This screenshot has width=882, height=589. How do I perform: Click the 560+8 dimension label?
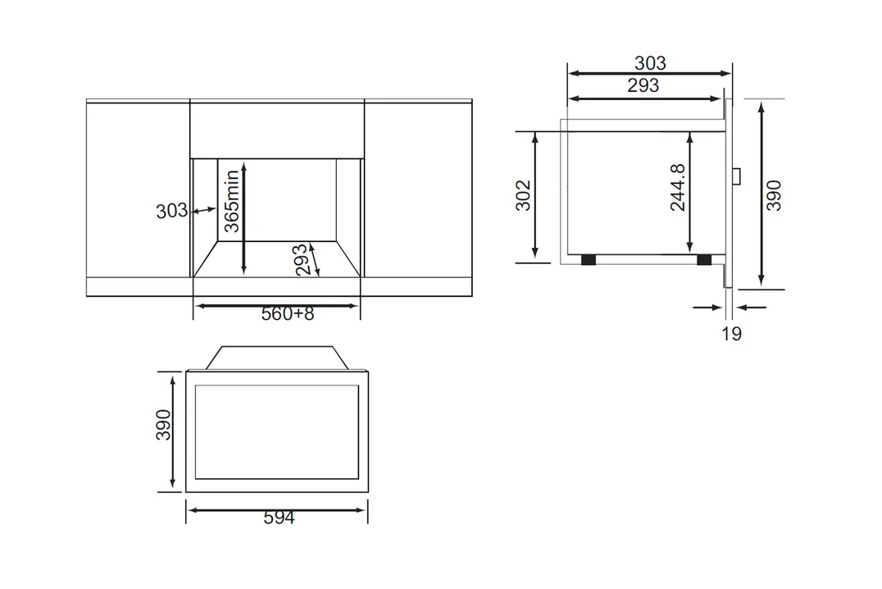click(x=288, y=314)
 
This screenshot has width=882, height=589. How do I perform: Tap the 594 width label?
click(x=279, y=518)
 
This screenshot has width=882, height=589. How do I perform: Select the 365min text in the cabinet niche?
click(x=232, y=201)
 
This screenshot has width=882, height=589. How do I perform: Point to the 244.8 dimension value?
click(x=678, y=188)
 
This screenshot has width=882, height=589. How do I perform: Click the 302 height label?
click(x=523, y=195)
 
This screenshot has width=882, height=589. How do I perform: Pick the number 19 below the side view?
click(x=731, y=334)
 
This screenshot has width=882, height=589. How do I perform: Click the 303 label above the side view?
click(x=650, y=62)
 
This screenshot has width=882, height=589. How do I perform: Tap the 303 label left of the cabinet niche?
click(x=171, y=211)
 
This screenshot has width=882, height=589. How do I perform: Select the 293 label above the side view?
click(x=643, y=85)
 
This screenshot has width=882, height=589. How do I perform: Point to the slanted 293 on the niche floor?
click(x=302, y=259)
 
